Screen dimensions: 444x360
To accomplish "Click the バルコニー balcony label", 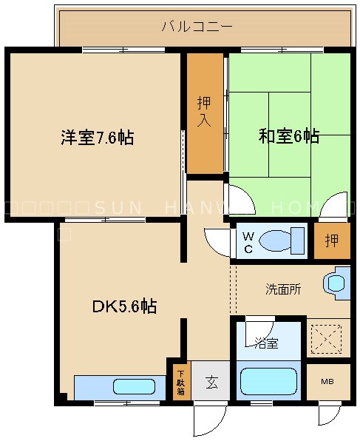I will click(x=197, y=27).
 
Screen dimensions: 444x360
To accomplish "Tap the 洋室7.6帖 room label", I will click(x=97, y=138).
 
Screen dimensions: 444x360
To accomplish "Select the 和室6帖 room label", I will click(x=288, y=136).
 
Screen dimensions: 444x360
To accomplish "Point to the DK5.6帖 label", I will click(x=124, y=306).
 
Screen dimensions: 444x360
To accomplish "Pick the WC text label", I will click(x=248, y=243).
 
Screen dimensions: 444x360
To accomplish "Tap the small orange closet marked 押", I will click(x=332, y=241).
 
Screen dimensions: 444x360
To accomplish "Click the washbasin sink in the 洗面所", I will click(x=336, y=283).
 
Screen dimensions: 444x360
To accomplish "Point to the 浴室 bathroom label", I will click(x=266, y=343).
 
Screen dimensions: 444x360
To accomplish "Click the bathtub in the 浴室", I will click(x=268, y=382).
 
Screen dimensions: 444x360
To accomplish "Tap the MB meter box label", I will click(x=327, y=381).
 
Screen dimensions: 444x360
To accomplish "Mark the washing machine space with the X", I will click(x=327, y=338).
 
